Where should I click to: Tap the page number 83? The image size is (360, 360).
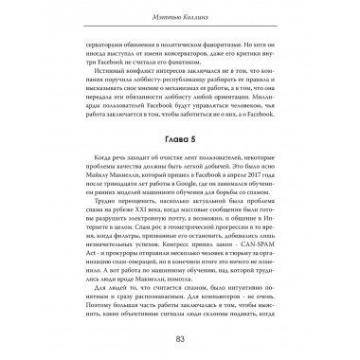(179, 341)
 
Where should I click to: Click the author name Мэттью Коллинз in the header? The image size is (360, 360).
(179, 17)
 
